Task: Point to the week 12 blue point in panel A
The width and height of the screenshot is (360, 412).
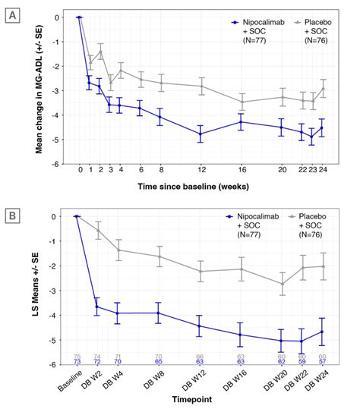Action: (201, 134)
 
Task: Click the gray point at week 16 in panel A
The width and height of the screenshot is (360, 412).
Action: (242, 102)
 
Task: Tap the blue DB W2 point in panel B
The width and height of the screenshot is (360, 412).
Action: (96, 307)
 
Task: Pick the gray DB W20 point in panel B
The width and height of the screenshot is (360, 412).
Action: (283, 284)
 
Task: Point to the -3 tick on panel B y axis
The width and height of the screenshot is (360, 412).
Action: (68, 291)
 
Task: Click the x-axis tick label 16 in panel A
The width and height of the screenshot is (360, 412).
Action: (242, 171)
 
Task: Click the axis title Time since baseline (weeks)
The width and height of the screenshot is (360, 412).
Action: (201, 185)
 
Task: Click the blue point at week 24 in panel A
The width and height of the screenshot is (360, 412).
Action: (323, 128)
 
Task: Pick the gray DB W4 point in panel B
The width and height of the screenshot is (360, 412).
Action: (117, 250)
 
